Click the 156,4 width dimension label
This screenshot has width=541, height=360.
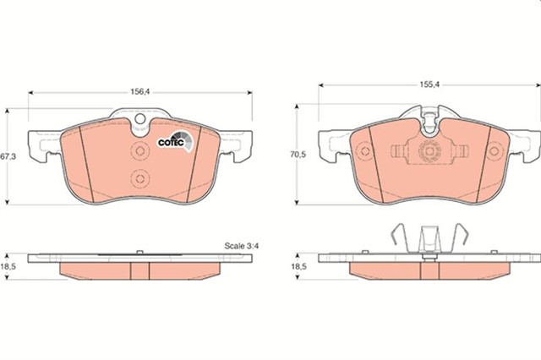(x=139, y=92)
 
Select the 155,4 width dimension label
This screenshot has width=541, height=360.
(x=429, y=85)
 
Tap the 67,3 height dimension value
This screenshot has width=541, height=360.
(x=8, y=156)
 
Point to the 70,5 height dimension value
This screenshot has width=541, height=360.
(x=298, y=155)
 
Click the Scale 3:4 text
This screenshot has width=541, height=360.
(x=242, y=246)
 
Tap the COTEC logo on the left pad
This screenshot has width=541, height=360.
(x=175, y=140)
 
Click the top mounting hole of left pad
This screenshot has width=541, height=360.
(x=140, y=119)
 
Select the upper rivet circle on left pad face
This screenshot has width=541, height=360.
(x=140, y=151)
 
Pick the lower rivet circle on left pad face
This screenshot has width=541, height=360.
(x=140, y=178)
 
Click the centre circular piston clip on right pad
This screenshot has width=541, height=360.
(x=429, y=151)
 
